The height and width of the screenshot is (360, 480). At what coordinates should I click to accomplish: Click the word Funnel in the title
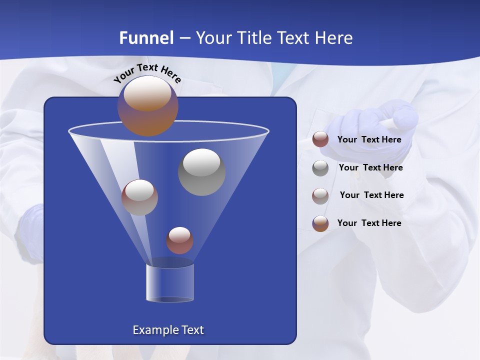[x=146, y=38]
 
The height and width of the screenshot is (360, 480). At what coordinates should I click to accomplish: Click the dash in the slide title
[x=184, y=38]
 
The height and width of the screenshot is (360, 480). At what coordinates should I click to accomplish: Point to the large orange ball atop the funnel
[x=147, y=106]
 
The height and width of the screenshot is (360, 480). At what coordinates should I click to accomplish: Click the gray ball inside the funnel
[x=201, y=171]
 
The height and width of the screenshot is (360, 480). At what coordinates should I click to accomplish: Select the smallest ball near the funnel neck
[x=179, y=240]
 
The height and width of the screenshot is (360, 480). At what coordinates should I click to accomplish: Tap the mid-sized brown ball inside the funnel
[x=139, y=197]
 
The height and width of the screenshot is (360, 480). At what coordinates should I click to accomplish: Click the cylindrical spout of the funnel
[x=169, y=283]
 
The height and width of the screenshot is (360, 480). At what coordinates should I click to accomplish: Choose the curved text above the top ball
[x=147, y=72]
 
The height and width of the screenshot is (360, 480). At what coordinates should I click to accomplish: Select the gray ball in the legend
[x=320, y=168]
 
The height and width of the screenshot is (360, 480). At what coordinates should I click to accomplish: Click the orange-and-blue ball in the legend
[x=320, y=223]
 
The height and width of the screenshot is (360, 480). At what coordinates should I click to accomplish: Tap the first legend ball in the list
[x=320, y=139]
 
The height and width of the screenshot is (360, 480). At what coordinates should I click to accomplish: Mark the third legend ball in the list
[x=320, y=195]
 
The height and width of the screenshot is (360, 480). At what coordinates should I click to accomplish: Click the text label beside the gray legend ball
[x=370, y=168]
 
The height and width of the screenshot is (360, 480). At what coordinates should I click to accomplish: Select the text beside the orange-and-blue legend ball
[x=369, y=223]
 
